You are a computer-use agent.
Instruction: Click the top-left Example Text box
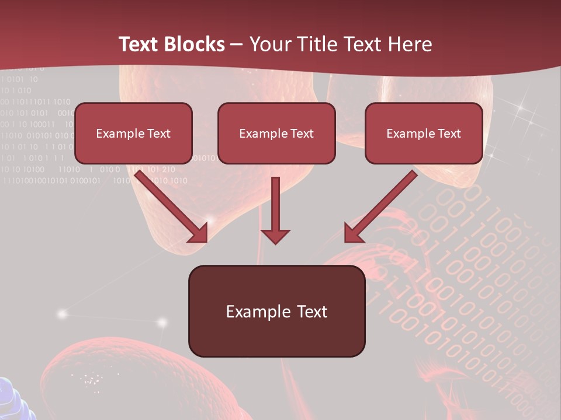tap(133, 133)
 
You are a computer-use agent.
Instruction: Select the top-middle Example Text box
tap(276, 133)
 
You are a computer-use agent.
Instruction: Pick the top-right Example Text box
tap(424, 133)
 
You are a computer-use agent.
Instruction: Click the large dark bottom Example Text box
tap(276, 311)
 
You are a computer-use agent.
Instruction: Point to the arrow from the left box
tap(169, 204)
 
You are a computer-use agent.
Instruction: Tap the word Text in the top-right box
tap(449, 134)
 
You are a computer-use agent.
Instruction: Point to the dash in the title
tap(237, 45)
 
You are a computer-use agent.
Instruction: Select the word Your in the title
tap(270, 44)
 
